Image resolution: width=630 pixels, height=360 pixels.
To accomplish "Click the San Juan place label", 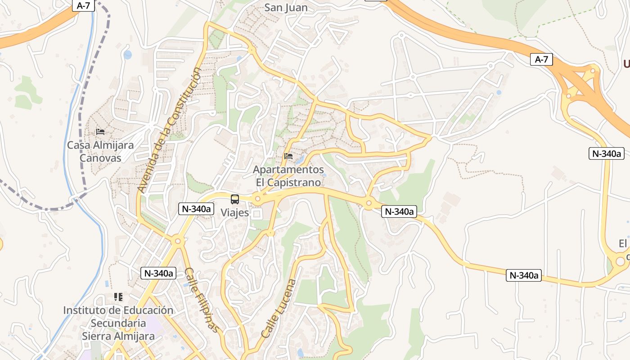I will point(286,8).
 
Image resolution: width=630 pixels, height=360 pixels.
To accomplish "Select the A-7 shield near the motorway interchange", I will point(541,59).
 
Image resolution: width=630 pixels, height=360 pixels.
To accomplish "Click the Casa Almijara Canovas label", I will point(100,152).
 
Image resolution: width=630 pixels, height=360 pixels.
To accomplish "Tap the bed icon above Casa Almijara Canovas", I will point(100,132).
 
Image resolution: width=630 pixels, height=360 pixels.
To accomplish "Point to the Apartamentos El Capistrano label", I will point(288,176).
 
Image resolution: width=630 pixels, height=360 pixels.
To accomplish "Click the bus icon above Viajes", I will point(234,199).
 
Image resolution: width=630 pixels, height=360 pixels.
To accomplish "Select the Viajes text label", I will point(234,213).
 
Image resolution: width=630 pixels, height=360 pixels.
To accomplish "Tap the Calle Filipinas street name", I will point(204,301).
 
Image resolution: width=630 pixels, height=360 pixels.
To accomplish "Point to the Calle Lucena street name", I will point(279,309).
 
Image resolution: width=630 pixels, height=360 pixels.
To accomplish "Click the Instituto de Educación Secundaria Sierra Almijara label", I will point(118,323).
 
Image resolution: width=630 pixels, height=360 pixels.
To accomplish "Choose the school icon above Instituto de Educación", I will point(118,297).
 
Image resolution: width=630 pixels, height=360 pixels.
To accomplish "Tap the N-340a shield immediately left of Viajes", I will point(196,209).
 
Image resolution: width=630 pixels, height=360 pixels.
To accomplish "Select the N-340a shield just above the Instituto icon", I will point(158,273).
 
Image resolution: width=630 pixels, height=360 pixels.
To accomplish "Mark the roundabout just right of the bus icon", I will point(258,198).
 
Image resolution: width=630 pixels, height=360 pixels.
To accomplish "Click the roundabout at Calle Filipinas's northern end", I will point(178,241).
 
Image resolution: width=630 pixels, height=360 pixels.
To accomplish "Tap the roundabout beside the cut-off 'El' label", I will point(621,260).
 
